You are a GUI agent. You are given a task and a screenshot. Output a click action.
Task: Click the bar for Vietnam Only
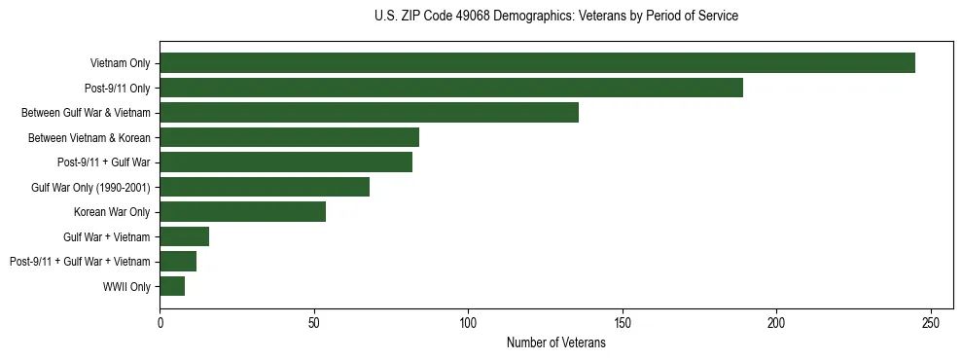point(537,63)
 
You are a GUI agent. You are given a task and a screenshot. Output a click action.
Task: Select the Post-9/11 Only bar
point(451,88)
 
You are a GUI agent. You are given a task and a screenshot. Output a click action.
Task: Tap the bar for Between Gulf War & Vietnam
point(369,113)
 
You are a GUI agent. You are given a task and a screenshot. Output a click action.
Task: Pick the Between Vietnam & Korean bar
point(289,137)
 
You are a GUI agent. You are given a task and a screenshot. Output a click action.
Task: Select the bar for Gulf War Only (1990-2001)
point(265,187)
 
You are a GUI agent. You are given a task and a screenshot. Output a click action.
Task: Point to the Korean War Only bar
point(242,212)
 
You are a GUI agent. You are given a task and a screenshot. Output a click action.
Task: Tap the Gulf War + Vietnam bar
point(184,236)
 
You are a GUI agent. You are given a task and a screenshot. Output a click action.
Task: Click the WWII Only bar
point(172,286)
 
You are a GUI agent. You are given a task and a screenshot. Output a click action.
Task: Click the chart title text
point(555,17)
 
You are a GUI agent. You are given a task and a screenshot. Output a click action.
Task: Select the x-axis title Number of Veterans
point(555,343)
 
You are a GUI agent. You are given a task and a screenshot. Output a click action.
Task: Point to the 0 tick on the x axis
point(160,323)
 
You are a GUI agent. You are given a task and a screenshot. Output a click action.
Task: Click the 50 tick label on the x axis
point(314,323)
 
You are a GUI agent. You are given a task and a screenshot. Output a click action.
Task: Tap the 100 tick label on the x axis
point(468,323)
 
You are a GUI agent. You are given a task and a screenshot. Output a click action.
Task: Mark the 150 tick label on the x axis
point(623,323)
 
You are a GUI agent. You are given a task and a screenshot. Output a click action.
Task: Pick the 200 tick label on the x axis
point(776,323)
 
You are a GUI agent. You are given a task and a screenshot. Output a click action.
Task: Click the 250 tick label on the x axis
point(931,323)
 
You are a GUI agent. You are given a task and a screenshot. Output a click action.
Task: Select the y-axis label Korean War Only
point(112,212)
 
